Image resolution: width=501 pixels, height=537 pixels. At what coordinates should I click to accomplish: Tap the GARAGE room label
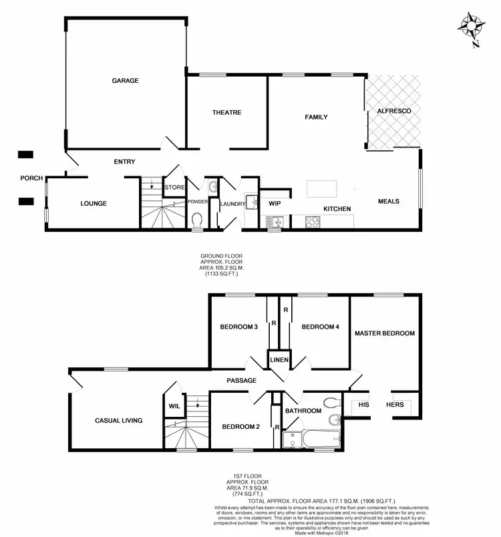pos(125,81)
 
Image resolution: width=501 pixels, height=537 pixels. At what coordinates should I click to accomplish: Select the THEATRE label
pos(226,113)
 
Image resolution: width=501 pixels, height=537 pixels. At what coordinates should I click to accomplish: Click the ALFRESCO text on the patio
pos(394,110)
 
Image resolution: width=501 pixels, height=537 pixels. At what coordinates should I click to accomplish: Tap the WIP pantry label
pos(274,203)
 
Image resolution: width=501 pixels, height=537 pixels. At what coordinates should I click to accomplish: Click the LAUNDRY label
pos(232,204)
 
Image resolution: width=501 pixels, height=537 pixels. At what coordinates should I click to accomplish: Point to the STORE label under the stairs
pos(174,187)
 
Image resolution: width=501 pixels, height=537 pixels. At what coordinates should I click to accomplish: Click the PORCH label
pos(31,178)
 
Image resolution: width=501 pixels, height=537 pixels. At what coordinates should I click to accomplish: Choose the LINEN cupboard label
pos(279,360)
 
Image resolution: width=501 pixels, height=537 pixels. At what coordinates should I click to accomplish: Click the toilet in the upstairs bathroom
pos(330,403)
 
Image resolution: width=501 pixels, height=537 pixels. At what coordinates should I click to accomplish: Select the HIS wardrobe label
pos(364,405)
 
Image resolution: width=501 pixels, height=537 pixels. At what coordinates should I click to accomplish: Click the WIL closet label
pos(173,405)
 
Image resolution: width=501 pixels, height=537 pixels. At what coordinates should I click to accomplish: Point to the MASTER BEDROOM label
pos(385,333)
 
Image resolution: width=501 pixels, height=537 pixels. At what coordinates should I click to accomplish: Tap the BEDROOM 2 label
pos(240,427)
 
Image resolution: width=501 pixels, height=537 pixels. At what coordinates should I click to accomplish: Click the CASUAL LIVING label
pos(118,420)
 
